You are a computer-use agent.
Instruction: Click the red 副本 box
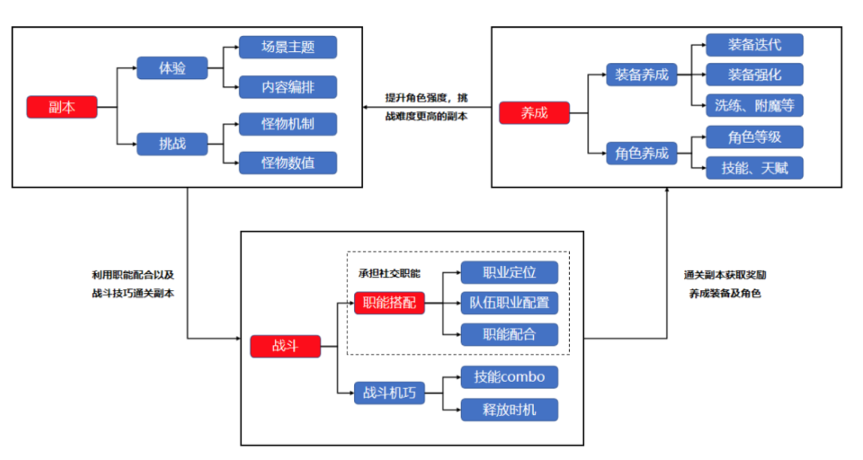(62, 107)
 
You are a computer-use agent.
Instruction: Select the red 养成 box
(535, 113)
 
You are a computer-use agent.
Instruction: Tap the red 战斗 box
(285, 347)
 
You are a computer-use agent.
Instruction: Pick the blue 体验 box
(173, 68)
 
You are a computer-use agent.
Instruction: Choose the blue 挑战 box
(173, 144)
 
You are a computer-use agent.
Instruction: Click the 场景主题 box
(288, 47)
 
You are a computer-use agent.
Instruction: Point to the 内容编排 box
(288, 86)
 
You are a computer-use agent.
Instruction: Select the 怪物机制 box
(288, 125)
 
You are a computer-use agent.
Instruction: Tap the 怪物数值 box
(288, 163)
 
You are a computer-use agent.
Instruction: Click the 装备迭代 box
(754, 45)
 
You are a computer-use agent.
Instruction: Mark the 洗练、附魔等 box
(754, 105)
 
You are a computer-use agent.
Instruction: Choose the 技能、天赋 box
(754, 168)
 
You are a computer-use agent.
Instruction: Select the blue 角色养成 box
(642, 153)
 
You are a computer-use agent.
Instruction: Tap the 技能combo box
(509, 377)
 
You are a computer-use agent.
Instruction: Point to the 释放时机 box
(509, 410)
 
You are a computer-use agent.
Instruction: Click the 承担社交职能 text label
(389, 273)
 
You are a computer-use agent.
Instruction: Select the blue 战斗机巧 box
(389, 392)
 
